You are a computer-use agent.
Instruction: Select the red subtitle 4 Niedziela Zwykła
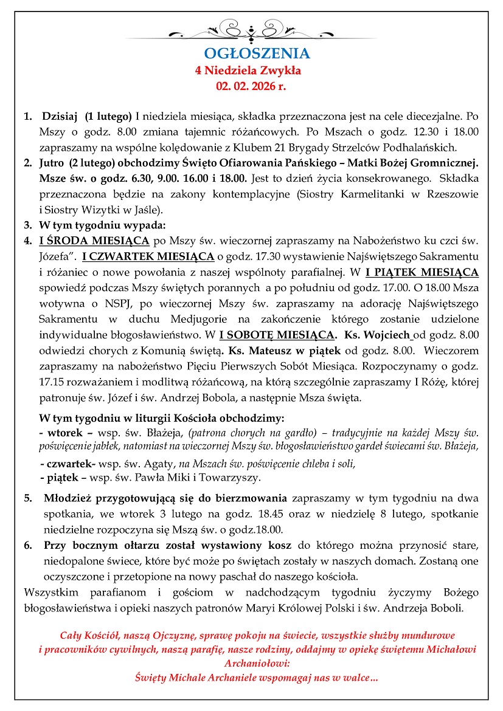point(248,70)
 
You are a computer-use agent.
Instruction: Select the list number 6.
point(28,544)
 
